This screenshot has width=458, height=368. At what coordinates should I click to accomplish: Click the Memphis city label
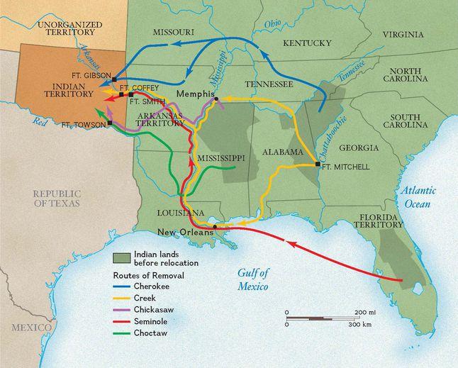click(x=196, y=94)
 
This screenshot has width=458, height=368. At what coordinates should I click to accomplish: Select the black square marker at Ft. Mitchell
click(x=318, y=164)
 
